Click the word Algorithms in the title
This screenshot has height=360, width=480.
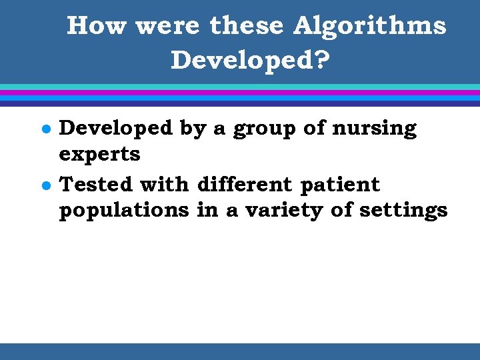point(370,26)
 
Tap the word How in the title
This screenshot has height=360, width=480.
point(96,26)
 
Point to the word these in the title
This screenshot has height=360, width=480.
point(246,26)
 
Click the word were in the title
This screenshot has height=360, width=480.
point(167,26)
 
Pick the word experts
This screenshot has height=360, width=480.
point(99,155)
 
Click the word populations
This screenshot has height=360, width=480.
point(124,211)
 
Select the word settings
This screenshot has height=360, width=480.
point(403,211)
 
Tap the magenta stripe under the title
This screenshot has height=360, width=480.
point(240,93)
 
